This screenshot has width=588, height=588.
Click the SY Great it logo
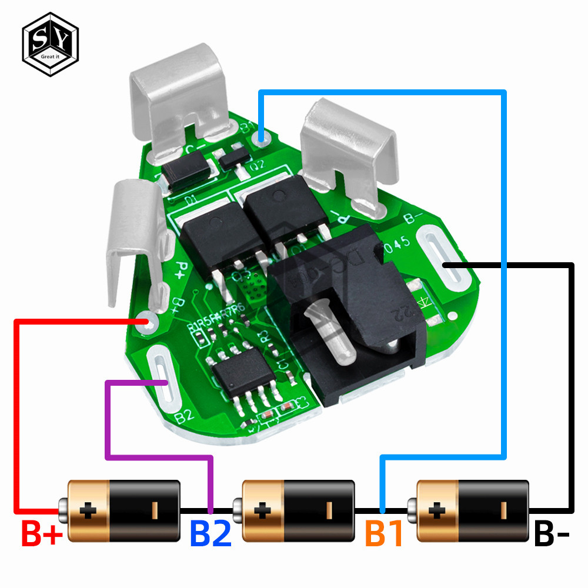(49, 44)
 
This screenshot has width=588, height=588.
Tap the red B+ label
(41, 534)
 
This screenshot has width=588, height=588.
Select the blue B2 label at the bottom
(210, 534)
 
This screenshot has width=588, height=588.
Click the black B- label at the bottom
(552, 534)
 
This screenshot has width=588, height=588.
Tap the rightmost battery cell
(470, 510)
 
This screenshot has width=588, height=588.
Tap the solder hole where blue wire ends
(262, 139)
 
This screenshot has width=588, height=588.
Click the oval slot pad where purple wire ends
(162, 382)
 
